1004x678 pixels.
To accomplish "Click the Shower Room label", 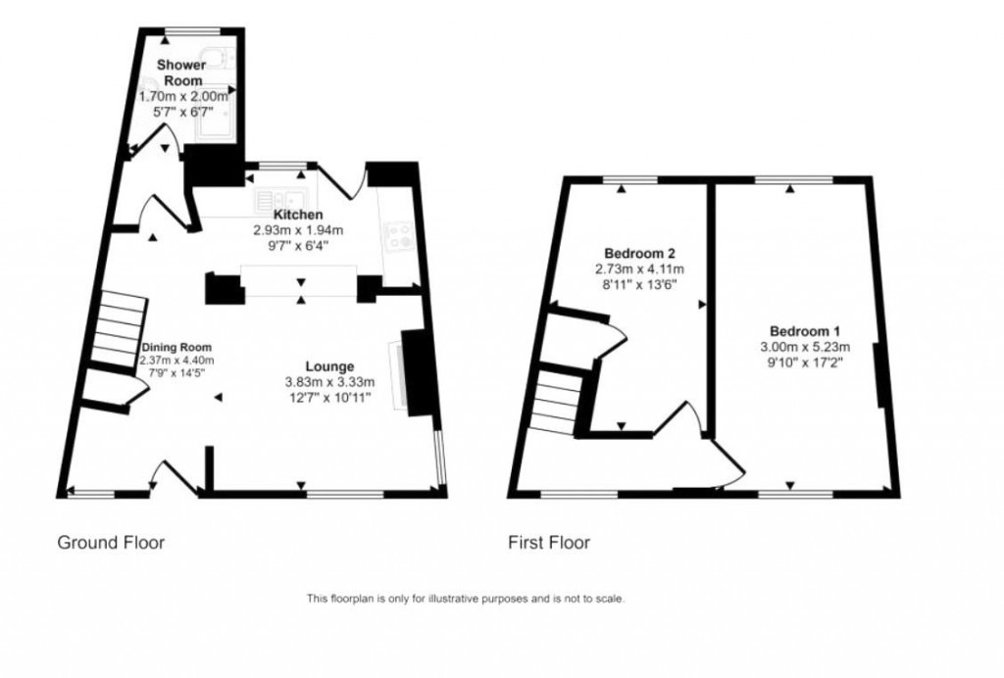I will click(x=183, y=73).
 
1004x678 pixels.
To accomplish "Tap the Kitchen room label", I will click(x=298, y=215).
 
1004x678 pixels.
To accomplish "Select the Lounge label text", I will click(x=328, y=366).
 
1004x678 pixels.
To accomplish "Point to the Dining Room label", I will click(x=176, y=348).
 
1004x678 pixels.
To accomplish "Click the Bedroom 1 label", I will click(x=804, y=330).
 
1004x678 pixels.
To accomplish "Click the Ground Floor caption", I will click(x=111, y=542).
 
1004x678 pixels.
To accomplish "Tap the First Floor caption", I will click(x=548, y=542).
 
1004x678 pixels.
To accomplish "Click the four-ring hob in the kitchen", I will click(x=399, y=235).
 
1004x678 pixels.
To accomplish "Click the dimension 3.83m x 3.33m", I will click(x=327, y=382).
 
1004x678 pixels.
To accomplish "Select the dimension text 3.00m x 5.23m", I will click(x=803, y=346).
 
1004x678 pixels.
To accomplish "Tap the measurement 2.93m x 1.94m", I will click(x=298, y=230).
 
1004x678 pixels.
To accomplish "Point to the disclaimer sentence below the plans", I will click(x=466, y=599).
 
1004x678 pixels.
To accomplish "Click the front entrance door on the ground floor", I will click(x=167, y=478).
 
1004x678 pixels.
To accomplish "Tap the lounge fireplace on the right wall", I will click(x=416, y=372).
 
